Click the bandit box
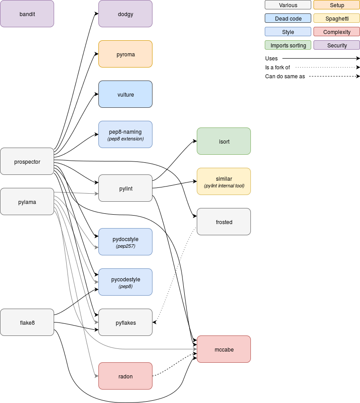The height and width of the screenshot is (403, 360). click(27, 14)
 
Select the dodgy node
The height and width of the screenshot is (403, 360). click(125, 14)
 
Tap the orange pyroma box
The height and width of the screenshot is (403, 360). click(125, 54)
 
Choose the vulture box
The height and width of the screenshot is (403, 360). click(125, 94)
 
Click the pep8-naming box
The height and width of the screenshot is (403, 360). click(125, 135)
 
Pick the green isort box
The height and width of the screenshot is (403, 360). click(224, 141)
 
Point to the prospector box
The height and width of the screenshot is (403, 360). click(27, 161)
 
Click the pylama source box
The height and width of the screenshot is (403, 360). click(27, 202)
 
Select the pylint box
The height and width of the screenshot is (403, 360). click(125, 188)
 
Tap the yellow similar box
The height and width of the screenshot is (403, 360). click(224, 182)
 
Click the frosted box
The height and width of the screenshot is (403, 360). click(224, 222)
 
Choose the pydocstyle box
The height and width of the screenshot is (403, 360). click(125, 242)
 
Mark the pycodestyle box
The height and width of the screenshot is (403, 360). click(125, 282)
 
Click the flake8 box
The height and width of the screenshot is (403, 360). click(27, 322)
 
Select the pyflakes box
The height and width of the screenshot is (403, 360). click(125, 322)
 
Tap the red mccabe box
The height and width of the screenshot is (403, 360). click(224, 349)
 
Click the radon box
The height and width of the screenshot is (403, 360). click(125, 376)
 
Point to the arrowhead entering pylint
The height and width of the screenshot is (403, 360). click(96, 194)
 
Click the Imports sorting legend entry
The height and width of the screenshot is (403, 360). click(288, 45)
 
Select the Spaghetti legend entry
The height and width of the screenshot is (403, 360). click(336, 18)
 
